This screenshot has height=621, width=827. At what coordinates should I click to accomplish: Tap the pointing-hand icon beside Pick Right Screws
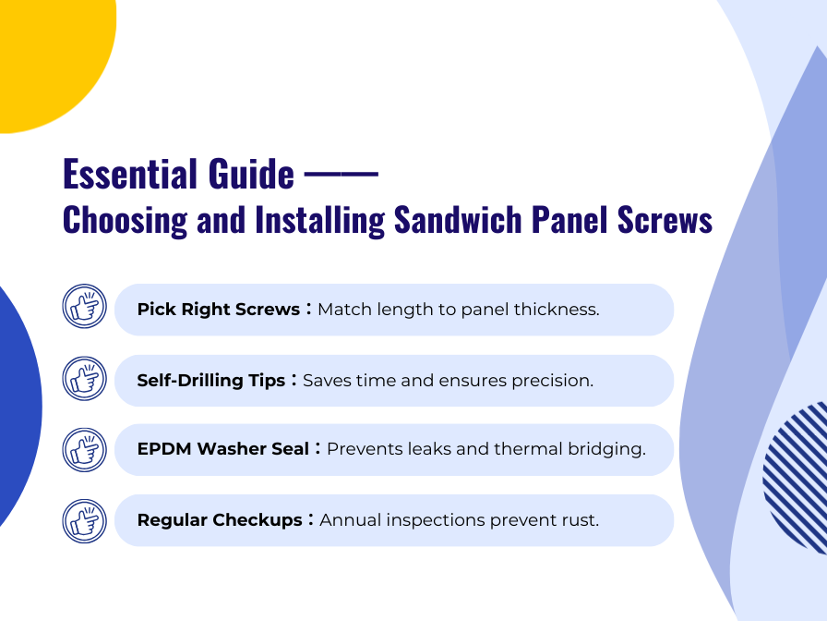[x=85, y=307]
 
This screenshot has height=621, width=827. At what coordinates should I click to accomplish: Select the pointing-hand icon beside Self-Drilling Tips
[x=85, y=378]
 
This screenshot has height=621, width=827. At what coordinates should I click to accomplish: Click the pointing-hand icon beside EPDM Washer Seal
[x=85, y=449]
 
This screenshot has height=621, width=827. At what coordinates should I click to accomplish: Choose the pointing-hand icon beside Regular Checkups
[x=85, y=520]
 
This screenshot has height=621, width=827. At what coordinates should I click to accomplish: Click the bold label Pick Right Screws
[x=218, y=310]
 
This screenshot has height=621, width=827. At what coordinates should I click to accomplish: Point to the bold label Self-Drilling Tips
[x=210, y=381]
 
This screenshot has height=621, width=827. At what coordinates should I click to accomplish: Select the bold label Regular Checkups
[x=219, y=520]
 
